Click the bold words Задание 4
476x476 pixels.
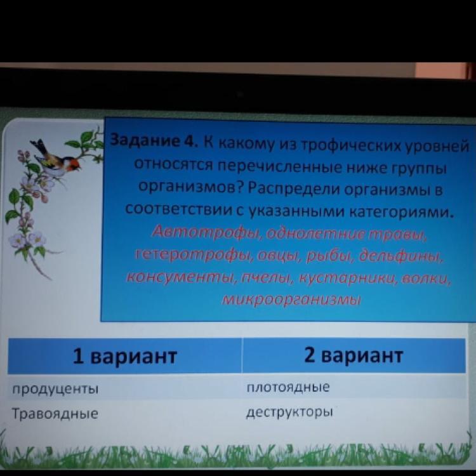click(x=154, y=140)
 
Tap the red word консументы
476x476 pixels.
click(x=181, y=277)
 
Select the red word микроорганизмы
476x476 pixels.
click(x=291, y=300)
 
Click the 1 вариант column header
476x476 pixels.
click(x=125, y=356)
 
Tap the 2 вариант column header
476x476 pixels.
click(x=354, y=355)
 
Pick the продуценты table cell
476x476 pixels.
click(x=55, y=389)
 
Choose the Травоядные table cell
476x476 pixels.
click(x=55, y=413)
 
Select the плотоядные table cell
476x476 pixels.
click(x=288, y=387)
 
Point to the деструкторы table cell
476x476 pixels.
click(x=289, y=413)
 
